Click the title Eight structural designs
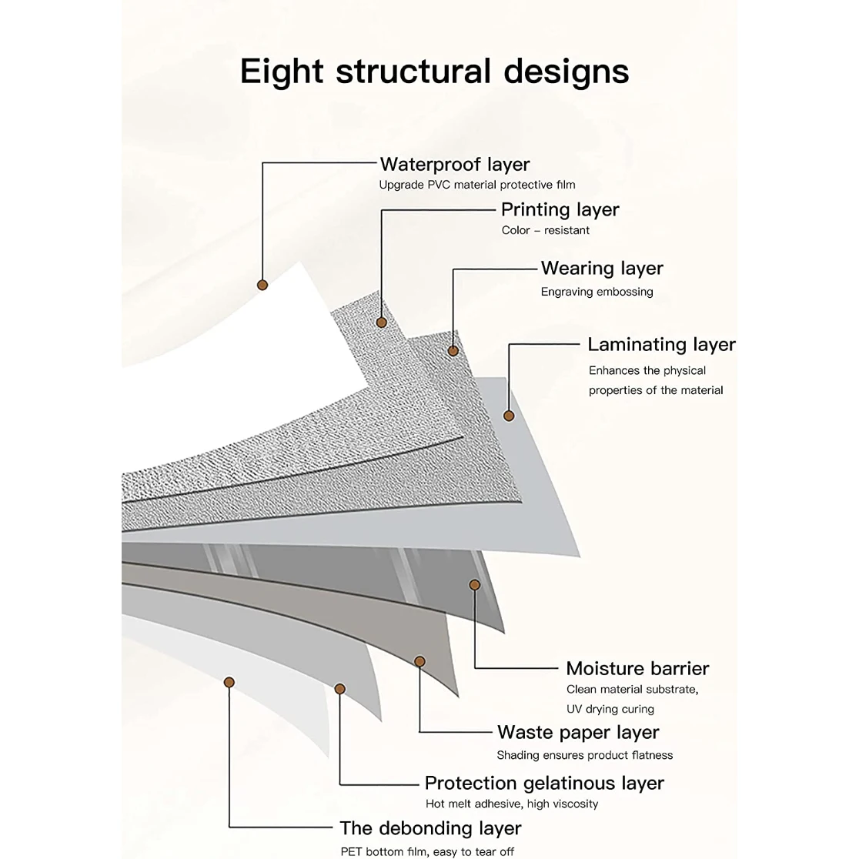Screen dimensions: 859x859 434,71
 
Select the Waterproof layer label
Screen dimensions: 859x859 454,164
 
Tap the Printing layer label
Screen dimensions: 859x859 560,209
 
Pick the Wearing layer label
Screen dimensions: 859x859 602,268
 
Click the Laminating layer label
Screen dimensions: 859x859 661,344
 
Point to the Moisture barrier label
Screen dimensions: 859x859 637,668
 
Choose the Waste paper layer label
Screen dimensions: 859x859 578,732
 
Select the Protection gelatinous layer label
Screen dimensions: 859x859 544,783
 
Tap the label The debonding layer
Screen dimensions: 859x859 430,828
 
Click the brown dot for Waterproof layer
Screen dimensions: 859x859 262,285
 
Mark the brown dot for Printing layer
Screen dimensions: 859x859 381,323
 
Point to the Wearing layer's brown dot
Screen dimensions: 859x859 453,351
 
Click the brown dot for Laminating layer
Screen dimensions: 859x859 509,416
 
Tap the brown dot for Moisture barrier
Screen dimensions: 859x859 475,585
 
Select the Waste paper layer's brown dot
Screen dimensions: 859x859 419,661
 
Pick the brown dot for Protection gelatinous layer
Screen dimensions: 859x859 339,689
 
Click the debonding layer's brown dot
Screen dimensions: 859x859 229,682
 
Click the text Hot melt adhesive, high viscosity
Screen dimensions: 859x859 512,804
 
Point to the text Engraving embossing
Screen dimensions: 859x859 597,292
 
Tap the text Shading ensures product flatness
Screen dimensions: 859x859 584,755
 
